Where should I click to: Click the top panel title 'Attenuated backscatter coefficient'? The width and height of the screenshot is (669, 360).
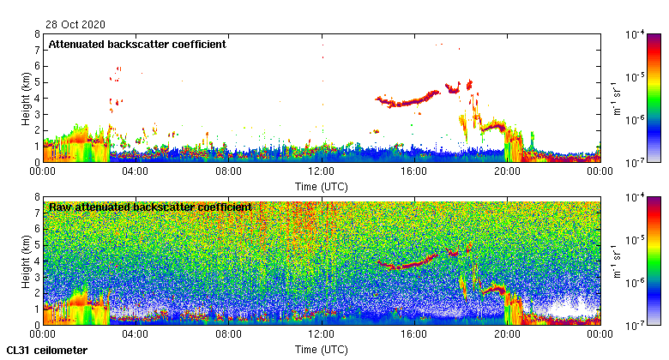pyautogui.click(x=137, y=44)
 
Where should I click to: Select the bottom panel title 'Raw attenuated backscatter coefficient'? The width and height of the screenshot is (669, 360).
pyautogui.click(x=149, y=207)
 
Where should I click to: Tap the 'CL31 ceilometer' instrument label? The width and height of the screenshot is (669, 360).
pyautogui.click(x=46, y=351)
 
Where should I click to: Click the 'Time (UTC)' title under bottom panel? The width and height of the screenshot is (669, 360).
pyautogui.click(x=321, y=350)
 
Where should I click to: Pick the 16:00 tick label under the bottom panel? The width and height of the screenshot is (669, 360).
pyautogui.click(x=413, y=334)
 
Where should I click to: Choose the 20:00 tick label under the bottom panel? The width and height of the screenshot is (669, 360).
pyautogui.click(x=506, y=334)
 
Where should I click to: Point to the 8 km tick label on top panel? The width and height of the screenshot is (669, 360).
pyautogui.click(x=36, y=34)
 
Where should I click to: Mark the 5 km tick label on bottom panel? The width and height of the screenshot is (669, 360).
pyautogui.click(x=36, y=245)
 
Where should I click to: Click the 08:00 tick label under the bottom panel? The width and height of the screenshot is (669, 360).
pyautogui.click(x=228, y=334)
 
